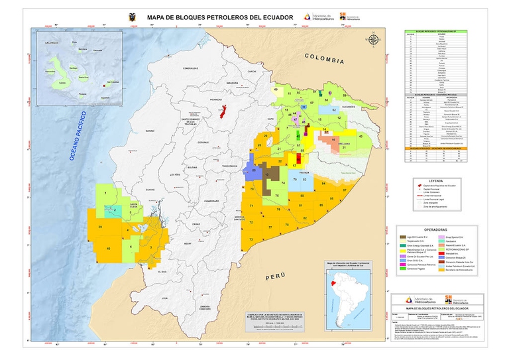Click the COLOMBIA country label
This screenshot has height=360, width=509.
[324, 60]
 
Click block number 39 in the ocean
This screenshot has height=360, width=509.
[100, 227]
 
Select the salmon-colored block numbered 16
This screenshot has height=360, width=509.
[329, 139]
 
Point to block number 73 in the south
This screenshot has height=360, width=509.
[251, 239]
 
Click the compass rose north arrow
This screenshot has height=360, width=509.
[373, 40]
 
